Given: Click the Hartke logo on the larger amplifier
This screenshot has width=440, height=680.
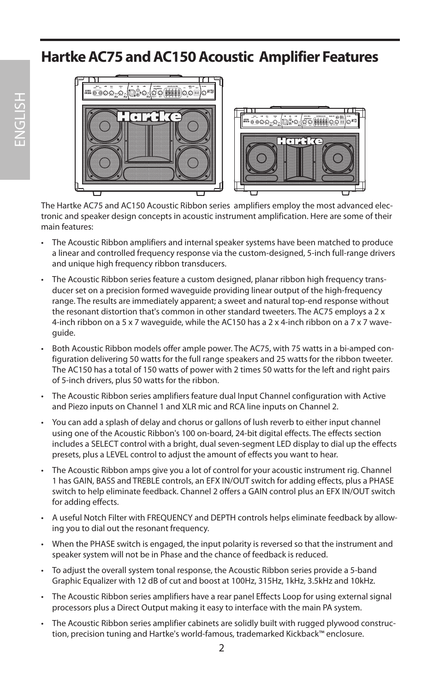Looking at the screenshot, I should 149,117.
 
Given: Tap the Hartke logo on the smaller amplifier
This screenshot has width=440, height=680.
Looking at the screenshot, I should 300,141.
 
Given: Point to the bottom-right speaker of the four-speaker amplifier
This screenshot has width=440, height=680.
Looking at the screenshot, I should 193,163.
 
